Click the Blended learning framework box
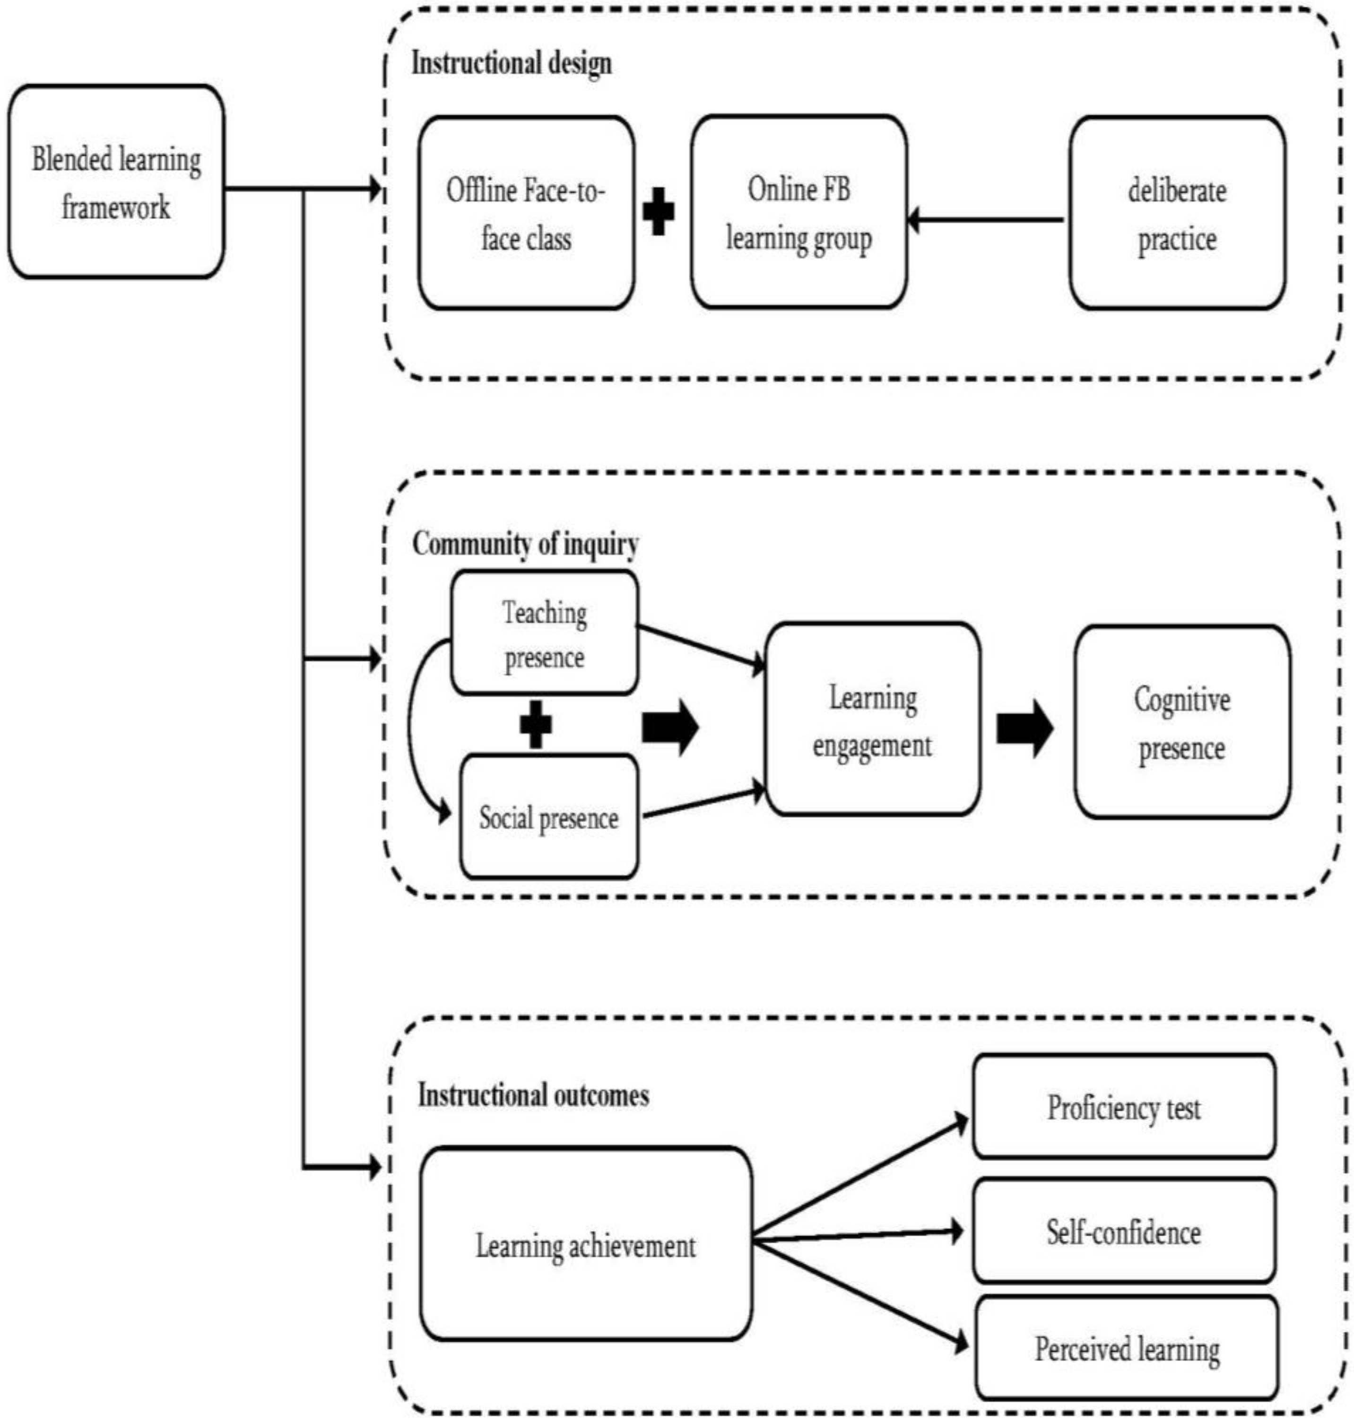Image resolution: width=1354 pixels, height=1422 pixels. point(115,182)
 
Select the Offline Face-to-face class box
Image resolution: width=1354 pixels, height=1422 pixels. point(526,214)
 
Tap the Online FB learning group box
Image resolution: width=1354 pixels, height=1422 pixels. point(798,212)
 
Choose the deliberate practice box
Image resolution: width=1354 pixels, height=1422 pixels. point(1176,214)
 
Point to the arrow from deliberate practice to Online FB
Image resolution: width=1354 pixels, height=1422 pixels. point(986,219)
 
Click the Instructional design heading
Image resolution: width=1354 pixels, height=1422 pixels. point(511,63)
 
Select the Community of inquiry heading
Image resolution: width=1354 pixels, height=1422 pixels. point(525,544)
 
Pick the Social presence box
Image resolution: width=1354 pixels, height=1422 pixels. point(548,817)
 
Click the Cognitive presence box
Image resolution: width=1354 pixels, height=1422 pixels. point(1181,722)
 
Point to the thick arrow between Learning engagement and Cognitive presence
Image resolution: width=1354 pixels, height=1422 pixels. point(1024,728)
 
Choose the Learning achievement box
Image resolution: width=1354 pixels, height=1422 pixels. point(585,1245)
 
